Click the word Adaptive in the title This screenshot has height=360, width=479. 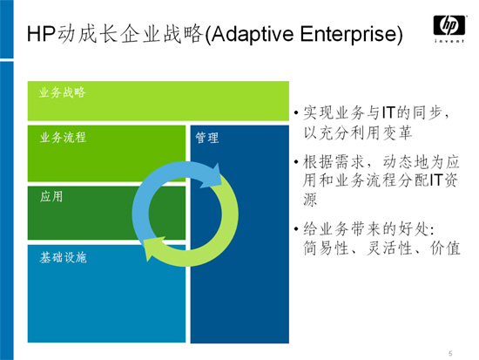(x=247, y=34)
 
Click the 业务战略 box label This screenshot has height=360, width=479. (x=62, y=92)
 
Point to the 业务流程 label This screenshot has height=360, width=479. (x=63, y=138)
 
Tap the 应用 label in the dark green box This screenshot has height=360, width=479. (x=51, y=197)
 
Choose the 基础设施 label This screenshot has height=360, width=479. (x=63, y=258)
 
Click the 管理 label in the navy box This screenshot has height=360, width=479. (x=207, y=138)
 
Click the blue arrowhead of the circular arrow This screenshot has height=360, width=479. (x=213, y=176)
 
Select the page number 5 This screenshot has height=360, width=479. (x=450, y=354)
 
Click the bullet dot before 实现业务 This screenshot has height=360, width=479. (x=296, y=113)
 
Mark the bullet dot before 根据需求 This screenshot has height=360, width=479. (x=296, y=162)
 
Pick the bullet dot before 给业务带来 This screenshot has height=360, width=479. (x=296, y=229)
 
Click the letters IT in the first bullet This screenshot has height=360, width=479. (x=388, y=112)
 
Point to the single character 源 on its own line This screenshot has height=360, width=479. (x=310, y=200)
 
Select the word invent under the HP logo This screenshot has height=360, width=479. (x=449, y=41)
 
